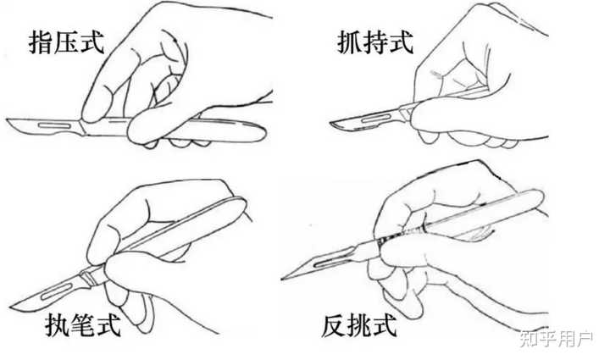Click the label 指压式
[67, 42]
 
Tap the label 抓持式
[375, 42]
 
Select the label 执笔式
[83, 325]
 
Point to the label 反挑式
[359, 326]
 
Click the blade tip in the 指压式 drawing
[7, 120]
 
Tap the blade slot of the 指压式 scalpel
[55, 125]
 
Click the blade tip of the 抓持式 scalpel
[330, 124]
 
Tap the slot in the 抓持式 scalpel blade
[376, 119]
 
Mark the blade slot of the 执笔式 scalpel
[57, 291]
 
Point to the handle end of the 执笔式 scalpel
[243, 203]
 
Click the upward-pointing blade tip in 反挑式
[283, 279]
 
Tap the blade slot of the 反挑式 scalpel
[330, 261]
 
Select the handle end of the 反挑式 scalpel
[540, 197]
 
